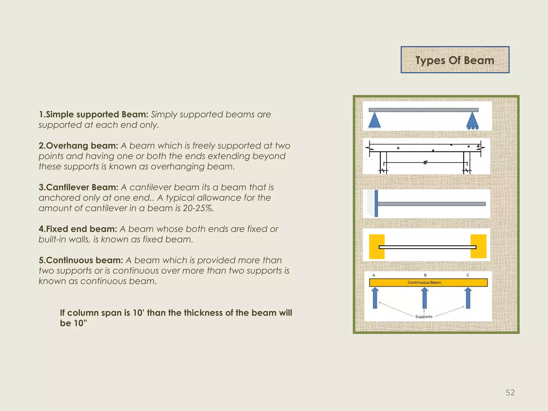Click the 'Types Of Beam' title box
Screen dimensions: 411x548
point(455,60)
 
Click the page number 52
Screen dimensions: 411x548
point(510,393)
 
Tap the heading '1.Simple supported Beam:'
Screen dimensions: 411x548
point(93,115)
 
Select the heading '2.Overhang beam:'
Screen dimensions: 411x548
point(78,146)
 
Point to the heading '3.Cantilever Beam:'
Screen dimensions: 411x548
point(78,187)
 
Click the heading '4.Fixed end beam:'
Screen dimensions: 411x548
point(78,229)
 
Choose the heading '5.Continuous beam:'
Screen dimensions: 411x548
point(81,260)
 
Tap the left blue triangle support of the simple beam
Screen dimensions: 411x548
point(374,120)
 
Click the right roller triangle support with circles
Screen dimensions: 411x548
point(472,121)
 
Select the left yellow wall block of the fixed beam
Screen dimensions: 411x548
point(376,246)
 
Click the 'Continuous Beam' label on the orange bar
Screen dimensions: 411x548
point(424,283)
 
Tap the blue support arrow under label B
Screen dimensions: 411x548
point(424,298)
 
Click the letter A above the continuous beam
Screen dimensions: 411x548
point(374,275)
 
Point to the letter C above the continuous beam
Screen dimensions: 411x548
point(468,275)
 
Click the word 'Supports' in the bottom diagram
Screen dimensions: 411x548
point(424,317)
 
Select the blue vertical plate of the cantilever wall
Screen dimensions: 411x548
point(376,203)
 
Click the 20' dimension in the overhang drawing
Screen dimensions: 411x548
point(425,162)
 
